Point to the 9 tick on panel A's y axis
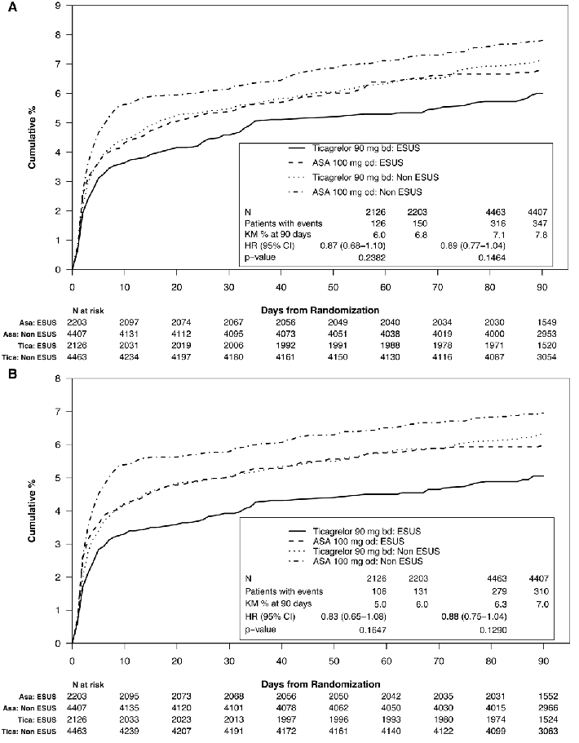[x=57, y=6]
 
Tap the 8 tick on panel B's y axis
[x=57, y=378]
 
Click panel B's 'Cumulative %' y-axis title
[x=31, y=511]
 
